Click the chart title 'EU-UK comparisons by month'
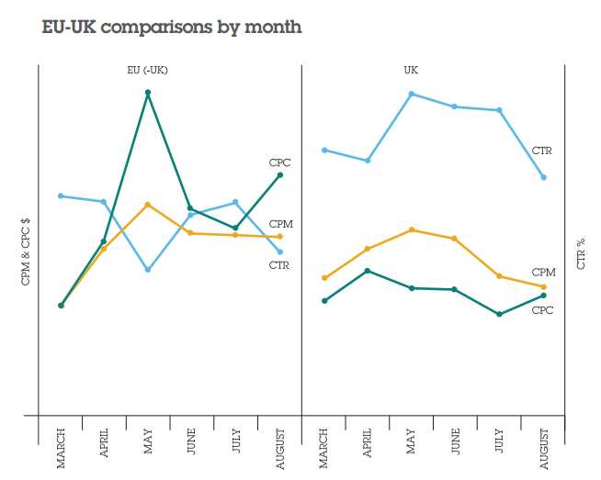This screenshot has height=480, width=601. (172, 27)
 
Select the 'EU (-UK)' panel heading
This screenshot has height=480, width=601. (147, 71)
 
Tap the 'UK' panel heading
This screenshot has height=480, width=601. (411, 71)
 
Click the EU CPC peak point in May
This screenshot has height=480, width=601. (148, 93)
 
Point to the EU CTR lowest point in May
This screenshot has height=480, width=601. (148, 270)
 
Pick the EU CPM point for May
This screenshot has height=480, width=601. (148, 204)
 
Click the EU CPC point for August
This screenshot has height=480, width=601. (279, 174)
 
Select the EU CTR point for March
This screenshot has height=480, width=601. (61, 195)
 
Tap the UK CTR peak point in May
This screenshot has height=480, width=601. (411, 94)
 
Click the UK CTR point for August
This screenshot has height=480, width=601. (544, 177)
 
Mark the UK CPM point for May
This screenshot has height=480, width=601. (411, 229)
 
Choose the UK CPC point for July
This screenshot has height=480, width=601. (499, 314)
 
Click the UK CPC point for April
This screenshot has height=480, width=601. (368, 271)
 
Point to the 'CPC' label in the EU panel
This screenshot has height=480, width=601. (279, 162)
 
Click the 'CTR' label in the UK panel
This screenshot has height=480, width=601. (542, 150)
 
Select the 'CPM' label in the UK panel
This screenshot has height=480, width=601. (543, 273)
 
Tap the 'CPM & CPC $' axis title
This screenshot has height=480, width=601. (26, 252)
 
